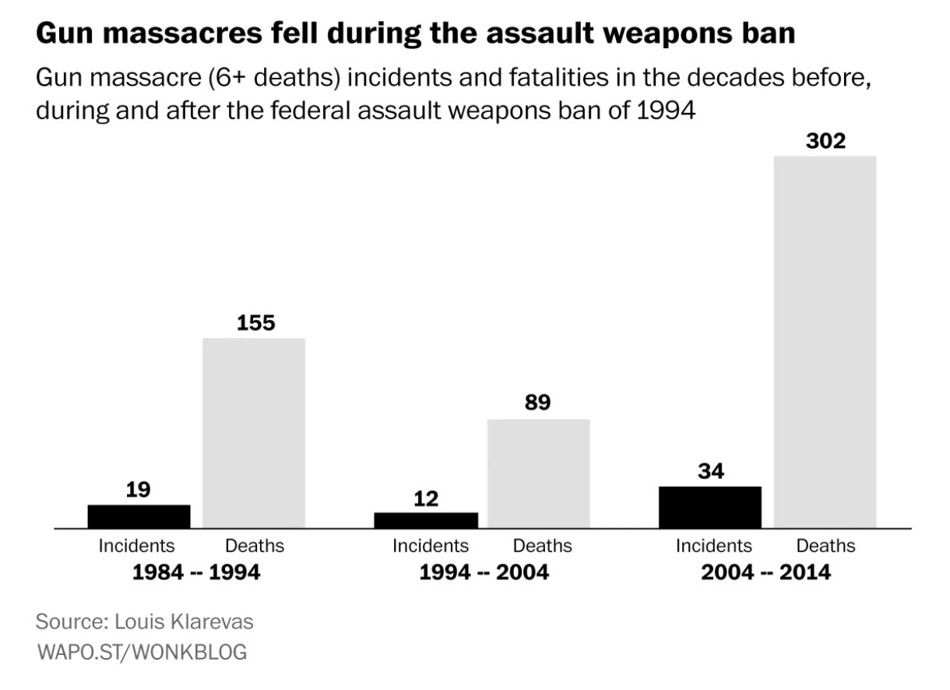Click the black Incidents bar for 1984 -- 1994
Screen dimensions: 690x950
139,516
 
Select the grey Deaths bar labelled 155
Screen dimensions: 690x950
254,433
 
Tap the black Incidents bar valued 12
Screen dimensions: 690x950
426,520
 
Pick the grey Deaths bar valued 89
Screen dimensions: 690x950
538,473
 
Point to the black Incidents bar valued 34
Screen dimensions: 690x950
710,507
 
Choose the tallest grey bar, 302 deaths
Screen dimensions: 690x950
825,343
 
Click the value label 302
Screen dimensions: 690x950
825,142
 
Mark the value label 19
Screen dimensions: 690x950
138,490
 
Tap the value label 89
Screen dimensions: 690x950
538,403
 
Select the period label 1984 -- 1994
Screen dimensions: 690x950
195,572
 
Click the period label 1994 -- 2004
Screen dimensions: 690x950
484,572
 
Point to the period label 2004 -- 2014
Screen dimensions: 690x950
765,572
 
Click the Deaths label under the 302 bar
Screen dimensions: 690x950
825,546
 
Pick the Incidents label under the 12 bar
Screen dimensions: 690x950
430,546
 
